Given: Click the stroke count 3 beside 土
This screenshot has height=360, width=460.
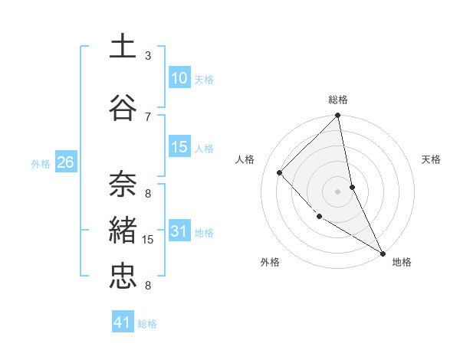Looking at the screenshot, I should [148, 56].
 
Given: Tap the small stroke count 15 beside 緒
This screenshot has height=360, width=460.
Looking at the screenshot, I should [148, 240].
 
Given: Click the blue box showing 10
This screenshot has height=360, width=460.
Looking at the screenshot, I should [179, 77].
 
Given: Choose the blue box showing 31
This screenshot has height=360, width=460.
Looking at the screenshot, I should [179, 231].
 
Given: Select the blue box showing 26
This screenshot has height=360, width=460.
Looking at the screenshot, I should [65, 162].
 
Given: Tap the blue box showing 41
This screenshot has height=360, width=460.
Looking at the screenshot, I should [123, 322].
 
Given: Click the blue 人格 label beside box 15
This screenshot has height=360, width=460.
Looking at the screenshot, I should [204, 149].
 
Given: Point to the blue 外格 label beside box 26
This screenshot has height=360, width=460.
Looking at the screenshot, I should [41, 163].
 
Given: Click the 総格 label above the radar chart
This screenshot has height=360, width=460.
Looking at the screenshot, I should [338, 100].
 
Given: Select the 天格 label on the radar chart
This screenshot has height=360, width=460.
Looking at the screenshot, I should [432, 159].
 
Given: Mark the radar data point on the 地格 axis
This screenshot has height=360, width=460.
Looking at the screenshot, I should [383, 253].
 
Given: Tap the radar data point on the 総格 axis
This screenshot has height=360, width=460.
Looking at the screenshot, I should [338, 116].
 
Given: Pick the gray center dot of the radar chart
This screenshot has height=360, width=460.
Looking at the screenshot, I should [337, 191].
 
